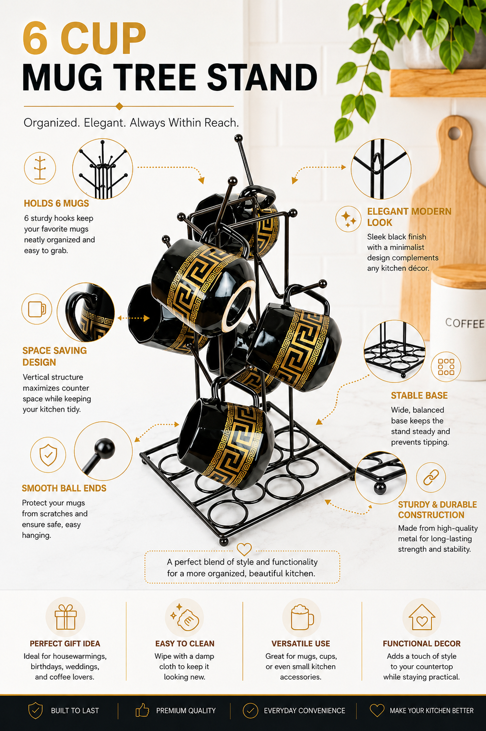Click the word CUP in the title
click(103, 39)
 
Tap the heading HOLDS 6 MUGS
click(57, 203)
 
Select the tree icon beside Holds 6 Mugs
click(40, 168)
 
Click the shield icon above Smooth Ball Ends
click(48, 455)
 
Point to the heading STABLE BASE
click(419, 396)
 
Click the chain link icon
click(431, 477)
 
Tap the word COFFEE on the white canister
click(465, 323)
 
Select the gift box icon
click(66, 617)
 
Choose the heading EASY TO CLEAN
click(185, 643)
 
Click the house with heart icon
click(422, 617)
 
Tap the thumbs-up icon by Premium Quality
click(142, 710)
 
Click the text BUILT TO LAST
click(75, 711)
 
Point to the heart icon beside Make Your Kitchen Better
click(377, 711)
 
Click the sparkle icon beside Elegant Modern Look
click(348, 219)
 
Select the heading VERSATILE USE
click(301, 643)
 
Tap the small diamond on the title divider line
click(119, 106)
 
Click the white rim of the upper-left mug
click(239, 306)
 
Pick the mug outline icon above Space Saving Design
click(37, 309)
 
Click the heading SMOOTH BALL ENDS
click(64, 488)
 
